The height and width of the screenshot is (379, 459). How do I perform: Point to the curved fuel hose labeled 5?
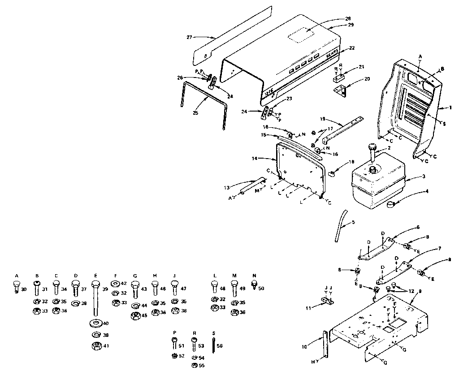pyautogui.click(x=342, y=225)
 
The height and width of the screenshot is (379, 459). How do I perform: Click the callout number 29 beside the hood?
pyautogui.click(x=351, y=25)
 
